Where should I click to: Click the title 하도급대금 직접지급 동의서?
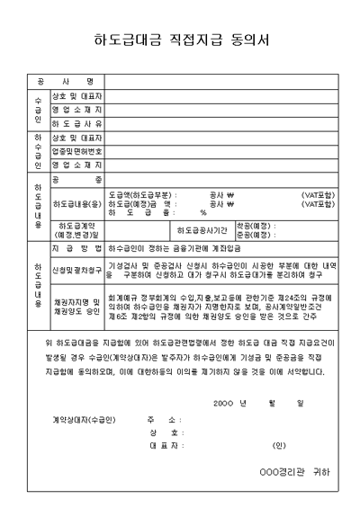(x=180, y=40)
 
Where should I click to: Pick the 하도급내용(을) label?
(x=76, y=204)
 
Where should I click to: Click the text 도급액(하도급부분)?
(x=141, y=193)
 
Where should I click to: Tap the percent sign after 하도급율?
(x=203, y=212)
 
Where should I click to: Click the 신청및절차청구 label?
(x=76, y=269)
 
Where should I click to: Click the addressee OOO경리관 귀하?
(x=293, y=470)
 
